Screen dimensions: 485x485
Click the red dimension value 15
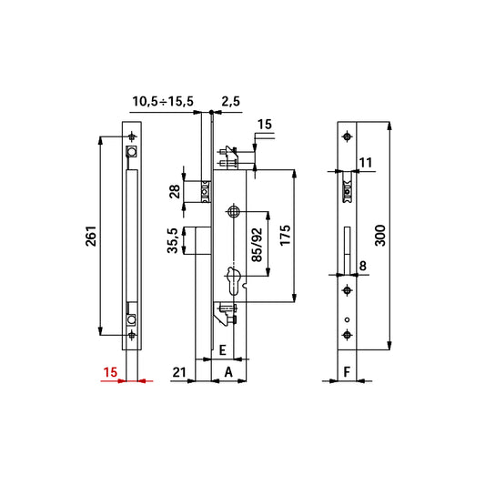tap(110, 372)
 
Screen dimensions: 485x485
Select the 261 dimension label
tap(91, 237)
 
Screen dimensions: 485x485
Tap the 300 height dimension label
tap(380, 236)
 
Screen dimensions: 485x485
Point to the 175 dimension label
tap(285, 236)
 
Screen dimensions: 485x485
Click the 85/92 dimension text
tap(257, 245)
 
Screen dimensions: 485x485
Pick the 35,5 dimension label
tap(173, 240)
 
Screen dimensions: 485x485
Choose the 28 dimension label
tap(175, 191)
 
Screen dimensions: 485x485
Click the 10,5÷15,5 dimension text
tap(163, 101)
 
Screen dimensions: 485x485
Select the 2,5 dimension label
tap(231, 101)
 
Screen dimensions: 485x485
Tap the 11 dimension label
tap(366, 163)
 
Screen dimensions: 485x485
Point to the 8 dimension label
tap(362, 266)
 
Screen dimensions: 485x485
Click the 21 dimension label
tap(179, 372)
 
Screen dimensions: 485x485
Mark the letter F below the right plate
tap(347, 372)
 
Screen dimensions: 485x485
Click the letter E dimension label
tap(222, 350)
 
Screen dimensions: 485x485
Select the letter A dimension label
tap(228, 372)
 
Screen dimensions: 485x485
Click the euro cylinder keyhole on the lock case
tap(234, 281)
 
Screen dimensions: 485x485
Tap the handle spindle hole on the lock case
tap(234, 212)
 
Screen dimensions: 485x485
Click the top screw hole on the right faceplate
tap(347, 136)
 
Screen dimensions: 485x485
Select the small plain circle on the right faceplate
tap(347, 319)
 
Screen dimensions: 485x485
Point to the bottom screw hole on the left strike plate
tap(132, 335)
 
